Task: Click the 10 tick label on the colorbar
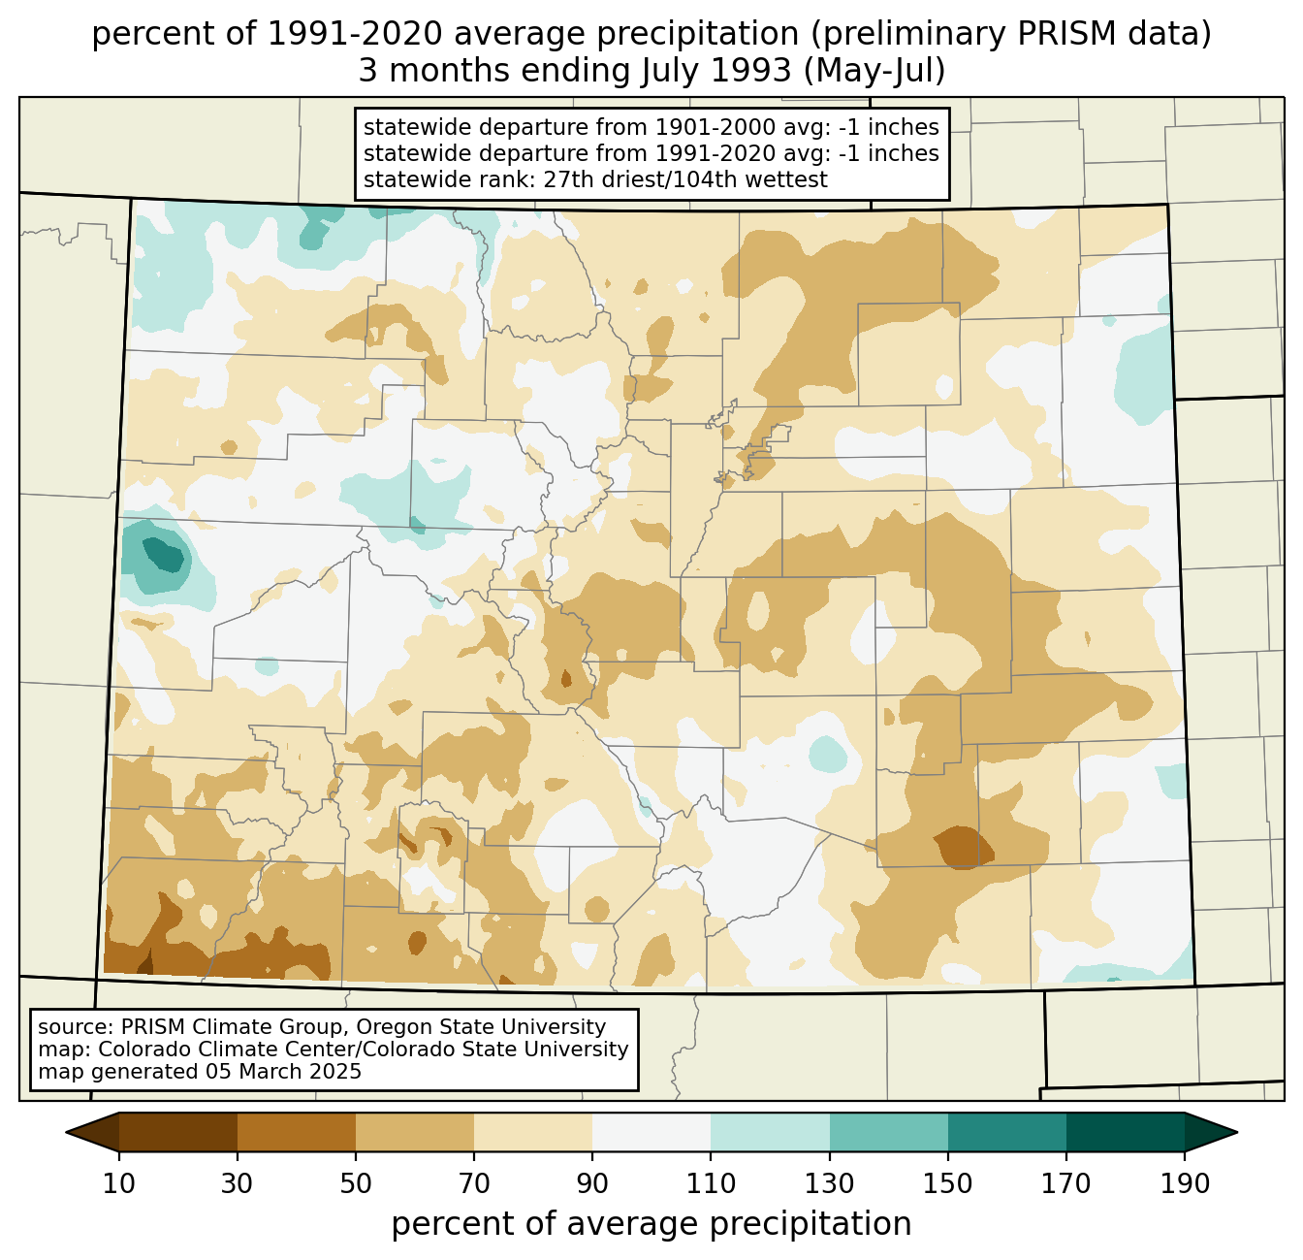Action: click(x=118, y=1183)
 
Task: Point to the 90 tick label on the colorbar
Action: click(x=592, y=1183)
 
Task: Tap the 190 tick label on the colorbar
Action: click(x=1185, y=1183)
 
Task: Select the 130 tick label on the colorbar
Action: click(x=830, y=1183)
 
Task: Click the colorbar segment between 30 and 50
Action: click(x=297, y=1132)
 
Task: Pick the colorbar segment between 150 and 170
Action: click(x=1007, y=1132)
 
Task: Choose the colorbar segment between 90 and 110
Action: click(x=651, y=1132)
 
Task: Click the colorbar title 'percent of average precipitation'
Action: click(x=651, y=1224)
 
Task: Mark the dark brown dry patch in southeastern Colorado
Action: click(x=964, y=847)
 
